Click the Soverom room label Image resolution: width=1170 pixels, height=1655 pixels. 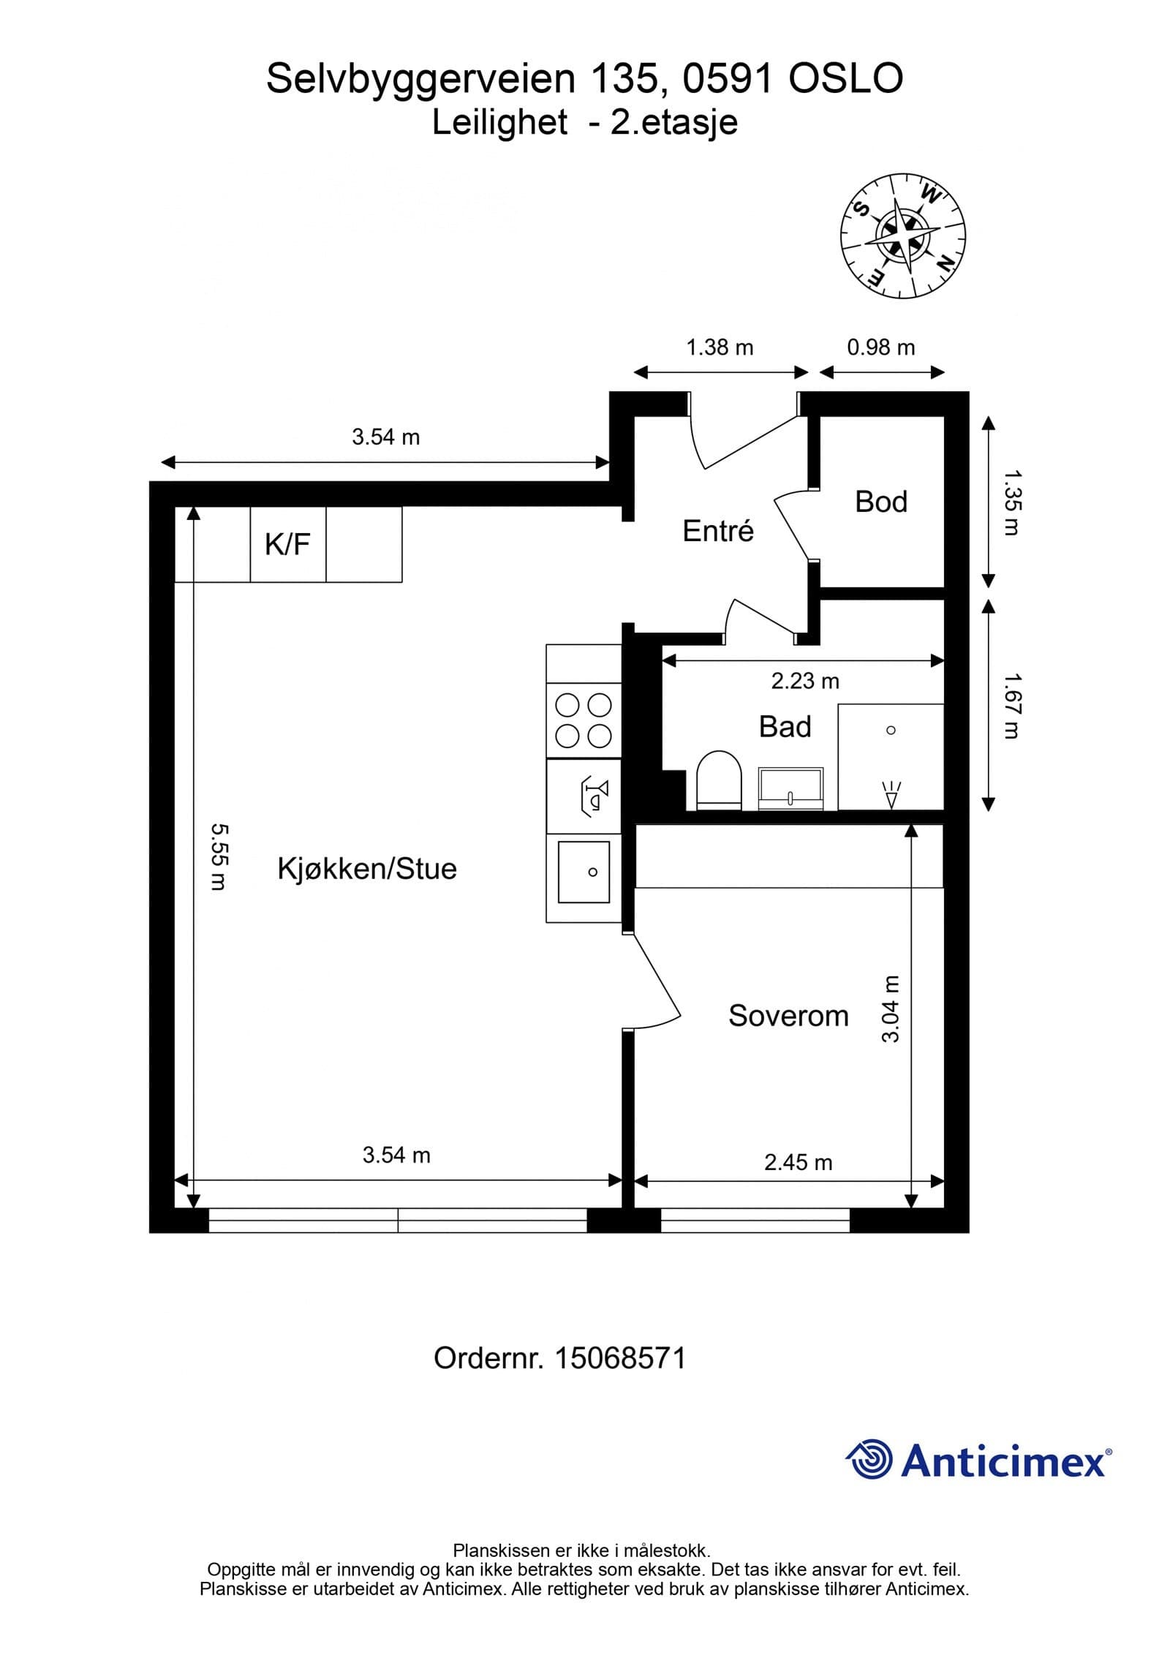click(x=788, y=1016)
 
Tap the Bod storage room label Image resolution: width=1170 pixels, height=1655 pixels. click(x=880, y=502)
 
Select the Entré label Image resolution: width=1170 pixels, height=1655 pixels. click(x=717, y=531)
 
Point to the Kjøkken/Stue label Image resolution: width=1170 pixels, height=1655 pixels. click(x=366, y=869)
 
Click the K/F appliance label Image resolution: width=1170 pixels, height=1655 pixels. click(x=287, y=544)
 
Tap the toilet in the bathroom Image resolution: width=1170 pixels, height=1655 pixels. click(x=719, y=780)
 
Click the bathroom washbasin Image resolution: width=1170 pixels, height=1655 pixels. click(x=790, y=788)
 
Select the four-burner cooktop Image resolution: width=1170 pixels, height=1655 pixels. click(x=584, y=720)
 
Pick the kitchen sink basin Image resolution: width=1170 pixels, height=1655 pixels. click(x=584, y=872)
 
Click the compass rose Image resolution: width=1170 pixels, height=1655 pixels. click(x=903, y=236)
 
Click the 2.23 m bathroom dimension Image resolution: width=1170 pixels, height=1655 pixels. click(x=804, y=681)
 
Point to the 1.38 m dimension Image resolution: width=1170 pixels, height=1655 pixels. click(x=720, y=347)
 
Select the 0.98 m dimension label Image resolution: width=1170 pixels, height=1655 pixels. click(x=880, y=347)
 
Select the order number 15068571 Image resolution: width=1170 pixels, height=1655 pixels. click(x=620, y=1358)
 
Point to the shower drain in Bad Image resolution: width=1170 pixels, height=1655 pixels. click(x=891, y=731)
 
